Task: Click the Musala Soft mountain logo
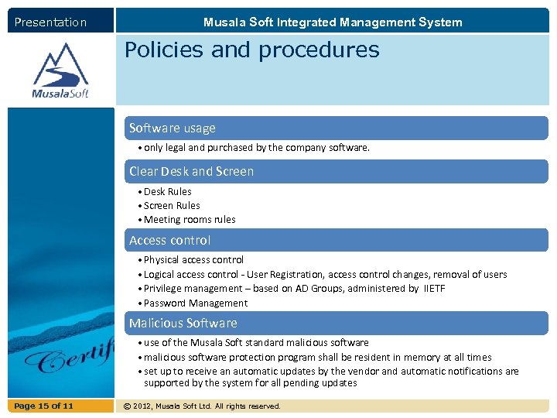[60, 70]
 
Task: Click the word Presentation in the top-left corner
[50, 22]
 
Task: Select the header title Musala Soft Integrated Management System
[333, 22]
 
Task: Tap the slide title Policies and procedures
[252, 50]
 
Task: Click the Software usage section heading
[173, 128]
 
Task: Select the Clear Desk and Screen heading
[191, 171]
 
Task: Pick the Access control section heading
[169, 241]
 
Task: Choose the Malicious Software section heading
[183, 324]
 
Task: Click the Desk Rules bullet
[167, 192]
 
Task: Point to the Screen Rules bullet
[172, 206]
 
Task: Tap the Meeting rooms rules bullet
[190, 220]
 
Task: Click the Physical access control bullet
[193, 260]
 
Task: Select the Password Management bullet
[196, 303]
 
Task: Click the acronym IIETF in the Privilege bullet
[434, 289]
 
